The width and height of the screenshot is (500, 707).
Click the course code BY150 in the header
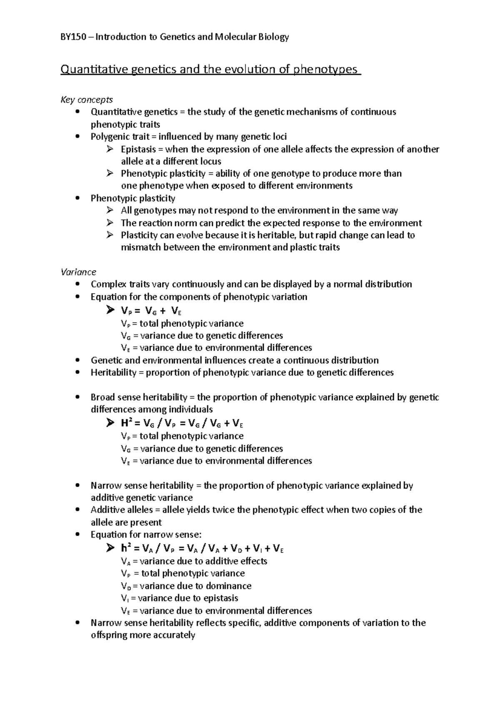74,37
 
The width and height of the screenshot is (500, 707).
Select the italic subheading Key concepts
87,100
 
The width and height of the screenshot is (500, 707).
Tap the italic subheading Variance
78,272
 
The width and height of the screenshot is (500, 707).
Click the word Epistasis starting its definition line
138,149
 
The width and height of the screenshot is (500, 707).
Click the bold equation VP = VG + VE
151,311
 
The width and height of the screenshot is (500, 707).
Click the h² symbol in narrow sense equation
126,549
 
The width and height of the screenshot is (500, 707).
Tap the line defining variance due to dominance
186,586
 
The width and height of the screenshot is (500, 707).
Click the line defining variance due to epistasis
180,598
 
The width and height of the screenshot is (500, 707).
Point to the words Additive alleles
121,510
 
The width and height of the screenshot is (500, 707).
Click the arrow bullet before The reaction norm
110,223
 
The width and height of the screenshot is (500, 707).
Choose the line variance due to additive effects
194,561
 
